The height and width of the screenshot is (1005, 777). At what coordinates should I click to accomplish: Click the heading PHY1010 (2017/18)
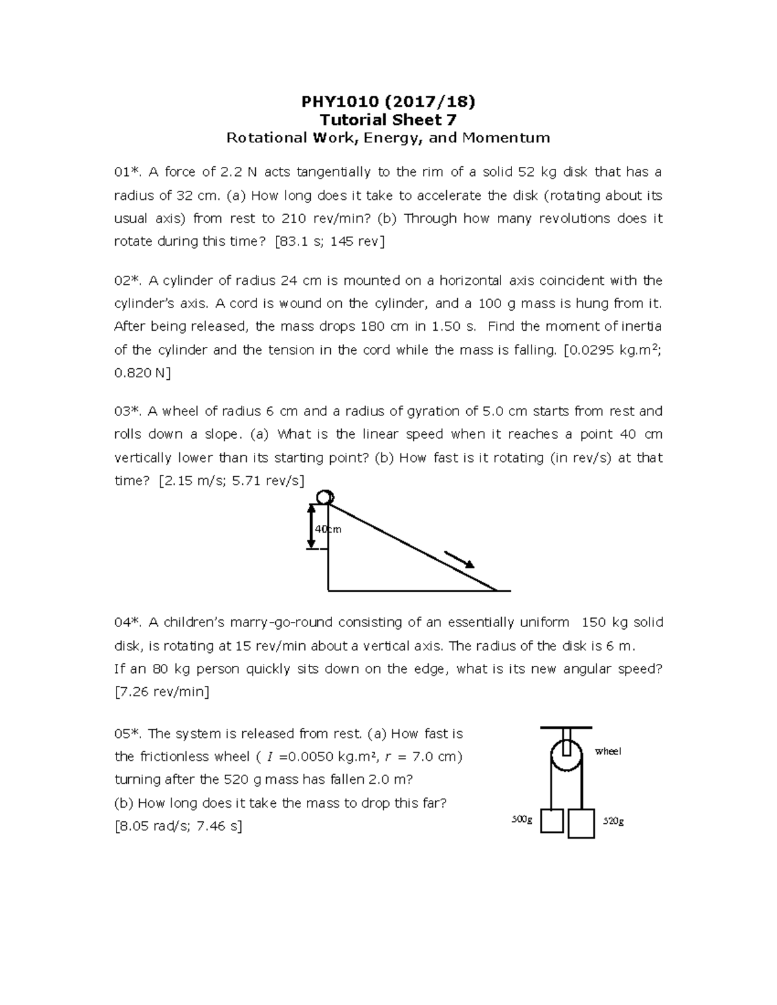(x=388, y=102)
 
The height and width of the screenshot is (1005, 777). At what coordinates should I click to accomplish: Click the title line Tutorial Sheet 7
(x=388, y=120)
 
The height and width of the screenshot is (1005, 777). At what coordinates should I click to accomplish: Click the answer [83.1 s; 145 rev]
(x=330, y=242)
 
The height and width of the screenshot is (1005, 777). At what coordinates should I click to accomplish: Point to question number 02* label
(x=128, y=281)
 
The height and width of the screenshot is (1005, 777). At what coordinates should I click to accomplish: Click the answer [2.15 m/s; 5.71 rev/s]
(x=231, y=481)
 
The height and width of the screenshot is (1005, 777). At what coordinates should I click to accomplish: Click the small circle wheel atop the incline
(x=325, y=497)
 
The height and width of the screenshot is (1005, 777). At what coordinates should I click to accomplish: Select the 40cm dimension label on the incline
(x=327, y=529)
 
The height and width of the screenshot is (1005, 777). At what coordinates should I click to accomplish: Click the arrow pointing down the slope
(x=460, y=560)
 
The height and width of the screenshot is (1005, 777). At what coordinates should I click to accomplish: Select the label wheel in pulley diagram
(x=608, y=751)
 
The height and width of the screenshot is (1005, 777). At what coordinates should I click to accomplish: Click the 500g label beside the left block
(x=522, y=820)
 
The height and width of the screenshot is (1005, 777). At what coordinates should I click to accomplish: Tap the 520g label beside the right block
(x=613, y=821)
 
